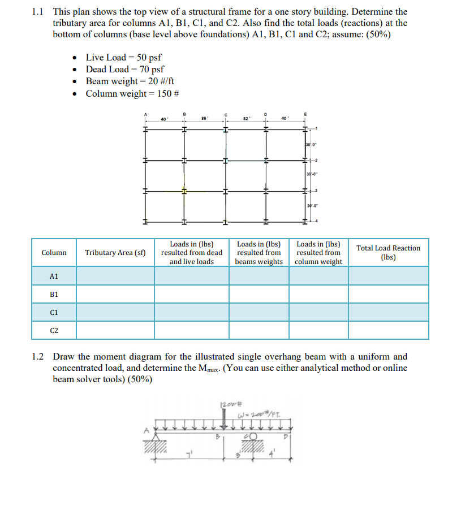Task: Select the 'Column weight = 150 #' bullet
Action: [132, 93]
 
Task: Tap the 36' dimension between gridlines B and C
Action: [204, 118]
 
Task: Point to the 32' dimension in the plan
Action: [245, 118]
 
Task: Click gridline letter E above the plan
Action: [305, 114]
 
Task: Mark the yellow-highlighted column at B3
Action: [183, 191]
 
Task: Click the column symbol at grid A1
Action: [145, 129]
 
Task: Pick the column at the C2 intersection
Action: [225, 160]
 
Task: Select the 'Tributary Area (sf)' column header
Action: [115, 253]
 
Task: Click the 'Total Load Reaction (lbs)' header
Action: [388, 253]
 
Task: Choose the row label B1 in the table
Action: [54, 294]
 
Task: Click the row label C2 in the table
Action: [54, 330]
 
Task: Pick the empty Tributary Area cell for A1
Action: [115, 276]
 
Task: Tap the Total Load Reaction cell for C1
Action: [388, 312]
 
